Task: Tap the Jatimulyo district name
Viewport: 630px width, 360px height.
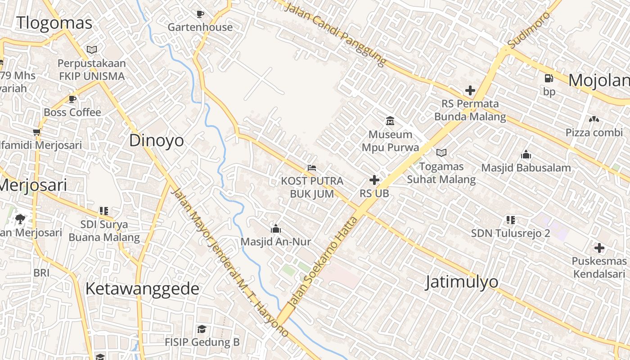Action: coord(462,282)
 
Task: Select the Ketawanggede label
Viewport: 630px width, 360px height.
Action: coord(142,289)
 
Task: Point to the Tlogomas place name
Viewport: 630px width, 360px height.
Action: coord(54,23)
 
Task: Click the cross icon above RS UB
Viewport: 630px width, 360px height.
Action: coord(374,180)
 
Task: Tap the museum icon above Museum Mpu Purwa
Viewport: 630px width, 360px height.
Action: coord(390,121)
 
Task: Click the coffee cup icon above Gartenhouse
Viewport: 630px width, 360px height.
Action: coord(200,14)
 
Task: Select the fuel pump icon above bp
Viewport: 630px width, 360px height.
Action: coord(549,78)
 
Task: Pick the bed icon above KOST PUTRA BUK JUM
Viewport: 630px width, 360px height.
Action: coord(312,168)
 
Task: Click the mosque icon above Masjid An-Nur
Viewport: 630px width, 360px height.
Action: coord(275,229)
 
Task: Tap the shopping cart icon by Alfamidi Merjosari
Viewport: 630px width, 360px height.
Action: coord(37,132)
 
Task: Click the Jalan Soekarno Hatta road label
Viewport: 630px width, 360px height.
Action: coord(323,262)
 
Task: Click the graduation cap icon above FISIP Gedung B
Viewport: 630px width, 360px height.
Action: coord(202,329)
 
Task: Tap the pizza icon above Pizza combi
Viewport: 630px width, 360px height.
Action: coord(594,119)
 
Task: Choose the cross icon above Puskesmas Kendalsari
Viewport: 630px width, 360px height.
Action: coord(599,248)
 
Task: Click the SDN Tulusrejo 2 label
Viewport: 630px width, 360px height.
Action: coord(510,234)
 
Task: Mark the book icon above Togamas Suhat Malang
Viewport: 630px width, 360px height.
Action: coord(441,153)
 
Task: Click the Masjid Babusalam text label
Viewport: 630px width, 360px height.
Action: coord(526,168)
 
